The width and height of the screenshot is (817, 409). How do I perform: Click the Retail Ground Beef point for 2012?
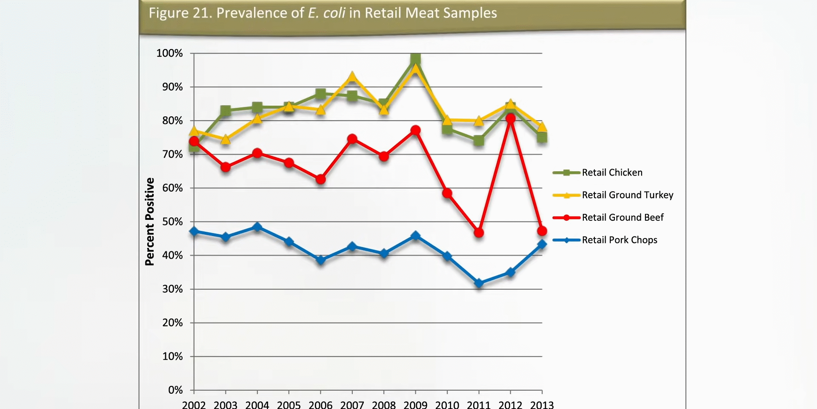[x=510, y=118]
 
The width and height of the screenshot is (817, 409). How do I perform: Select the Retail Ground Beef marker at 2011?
[x=479, y=233]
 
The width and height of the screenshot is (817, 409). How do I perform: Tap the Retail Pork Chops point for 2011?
[x=479, y=283]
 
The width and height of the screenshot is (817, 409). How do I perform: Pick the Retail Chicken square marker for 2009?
[x=416, y=59]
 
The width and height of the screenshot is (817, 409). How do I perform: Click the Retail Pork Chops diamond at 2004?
[x=257, y=227]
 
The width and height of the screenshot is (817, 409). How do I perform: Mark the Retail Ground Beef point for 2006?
[x=320, y=179]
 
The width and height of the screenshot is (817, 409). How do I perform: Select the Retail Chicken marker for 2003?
[x=226, y=111]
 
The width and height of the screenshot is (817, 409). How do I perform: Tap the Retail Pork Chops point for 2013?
[x=542, y=244]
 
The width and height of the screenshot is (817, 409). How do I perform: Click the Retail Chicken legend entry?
[x=612, y=173]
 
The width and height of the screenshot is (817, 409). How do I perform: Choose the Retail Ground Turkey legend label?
[x=627, y=195]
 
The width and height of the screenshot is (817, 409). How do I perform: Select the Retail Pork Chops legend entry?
[x=619, y=240]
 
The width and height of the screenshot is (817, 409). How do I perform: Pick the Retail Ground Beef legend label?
[x=623, y=218]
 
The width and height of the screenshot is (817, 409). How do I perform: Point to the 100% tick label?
[x=169, y=53]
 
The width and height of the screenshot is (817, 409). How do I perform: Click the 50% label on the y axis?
[x=172, y=222]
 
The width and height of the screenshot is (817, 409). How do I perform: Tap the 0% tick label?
[x=175, y=390]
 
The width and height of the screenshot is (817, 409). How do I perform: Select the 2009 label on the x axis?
[x=415, y=404]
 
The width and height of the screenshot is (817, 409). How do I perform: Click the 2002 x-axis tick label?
[x=194, y=404]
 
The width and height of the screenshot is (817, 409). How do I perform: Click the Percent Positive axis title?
[x=150, y=222]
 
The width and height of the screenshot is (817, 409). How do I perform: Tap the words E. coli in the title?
[x=326, y=13]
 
